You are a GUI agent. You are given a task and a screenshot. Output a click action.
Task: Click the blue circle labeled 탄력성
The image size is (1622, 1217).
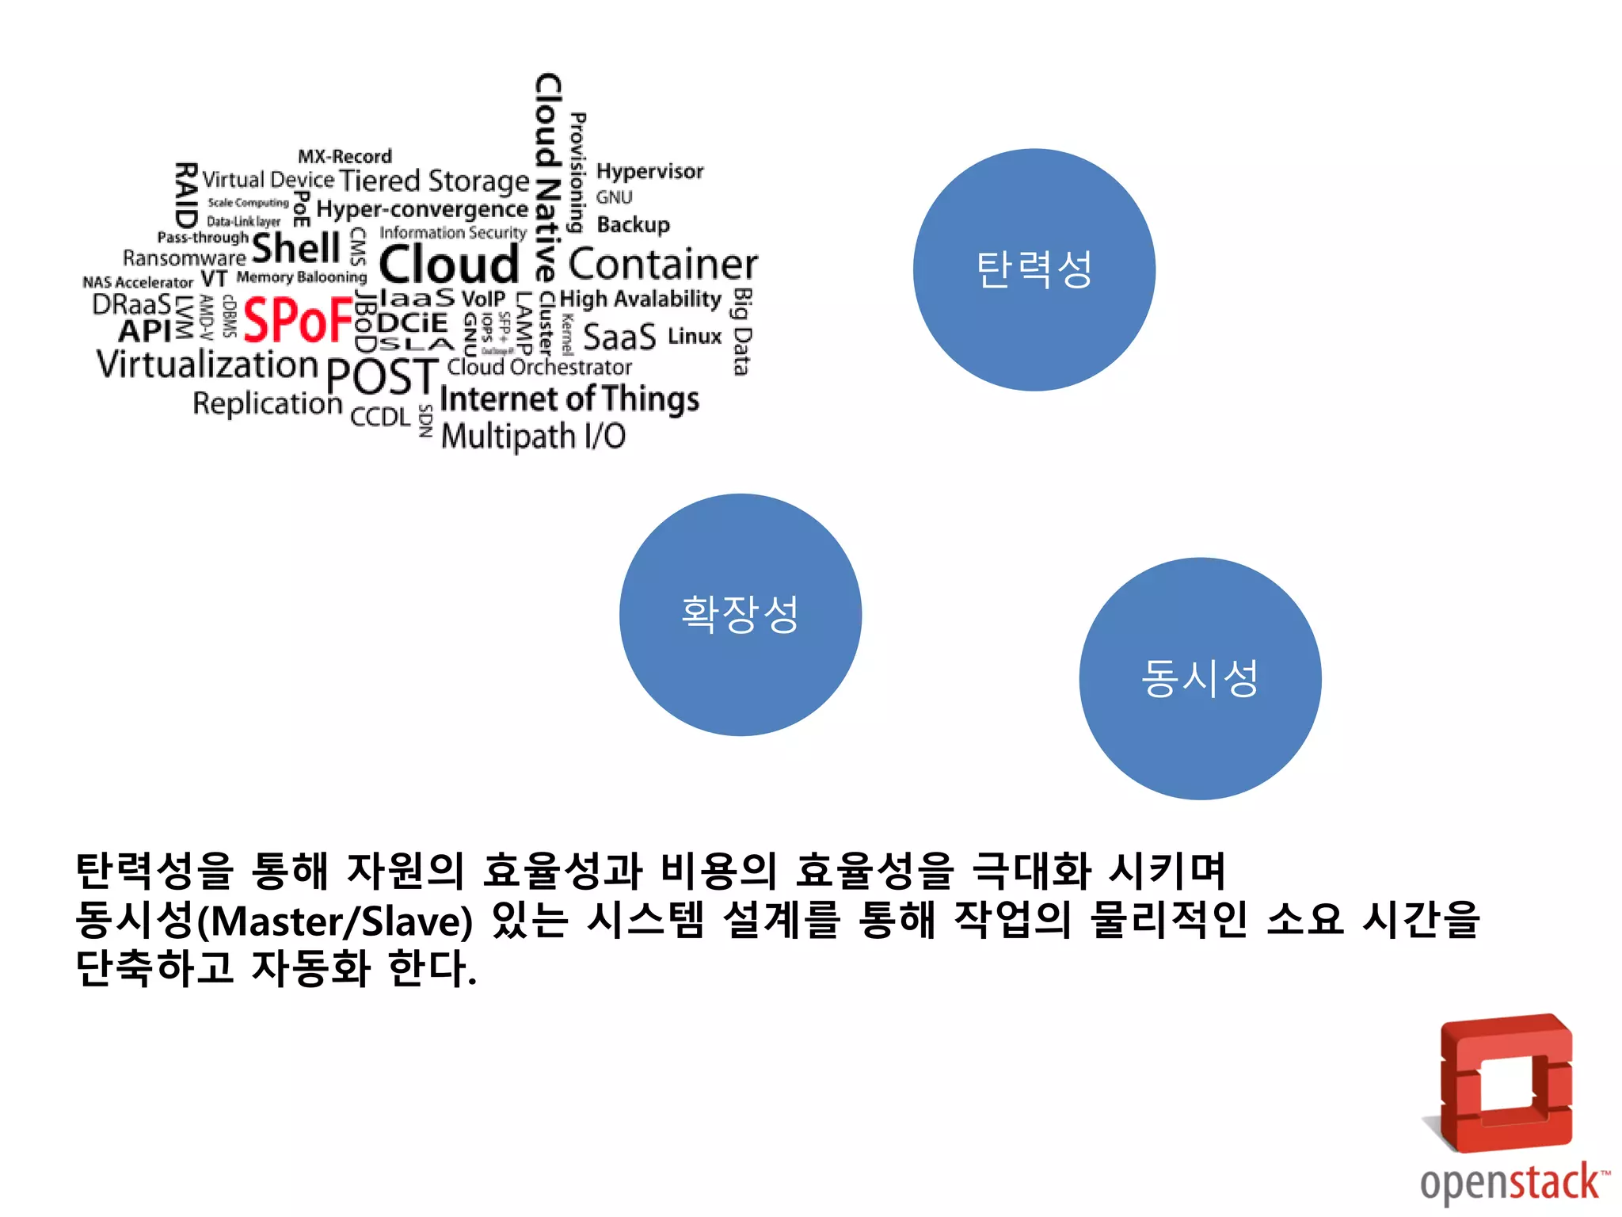click(1034, 269)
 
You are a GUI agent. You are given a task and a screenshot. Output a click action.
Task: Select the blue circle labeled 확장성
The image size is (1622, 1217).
click(740, 615)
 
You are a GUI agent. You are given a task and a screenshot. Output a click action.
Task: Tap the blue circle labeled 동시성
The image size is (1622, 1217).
click(1200, 679)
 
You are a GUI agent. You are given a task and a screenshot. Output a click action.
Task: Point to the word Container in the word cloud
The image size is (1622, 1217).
click(662, 265)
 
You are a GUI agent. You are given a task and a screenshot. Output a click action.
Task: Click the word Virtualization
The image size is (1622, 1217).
click(208, 364)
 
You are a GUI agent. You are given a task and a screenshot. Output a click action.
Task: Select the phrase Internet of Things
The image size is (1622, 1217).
click(569, 399)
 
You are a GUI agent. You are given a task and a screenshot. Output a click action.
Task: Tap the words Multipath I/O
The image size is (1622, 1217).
click(533, 437)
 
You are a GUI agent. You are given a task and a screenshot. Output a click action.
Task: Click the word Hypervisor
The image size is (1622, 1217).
click(649, 172)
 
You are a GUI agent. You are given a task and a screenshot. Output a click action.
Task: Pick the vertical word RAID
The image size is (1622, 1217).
click(185, 195)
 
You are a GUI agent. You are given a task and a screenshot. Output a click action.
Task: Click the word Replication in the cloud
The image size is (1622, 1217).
click(267, 404)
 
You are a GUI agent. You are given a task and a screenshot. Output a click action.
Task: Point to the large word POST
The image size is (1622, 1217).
click(381, 376)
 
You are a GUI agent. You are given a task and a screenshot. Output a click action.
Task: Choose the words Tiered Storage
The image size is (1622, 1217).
click(434, 181)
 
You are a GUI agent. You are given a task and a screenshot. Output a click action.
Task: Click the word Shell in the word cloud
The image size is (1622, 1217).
click(296, 248)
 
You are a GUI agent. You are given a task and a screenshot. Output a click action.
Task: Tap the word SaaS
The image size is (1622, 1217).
click(619, 338)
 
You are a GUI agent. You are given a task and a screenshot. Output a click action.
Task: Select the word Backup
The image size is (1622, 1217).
click(633, 225)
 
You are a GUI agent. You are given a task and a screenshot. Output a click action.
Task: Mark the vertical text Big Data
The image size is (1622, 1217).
click(741, 331)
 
